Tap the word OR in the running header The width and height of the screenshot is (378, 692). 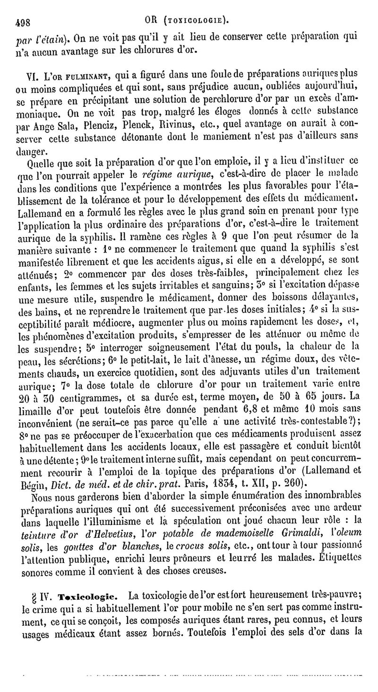point(153,20)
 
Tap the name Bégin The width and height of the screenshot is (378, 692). point(33,483)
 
